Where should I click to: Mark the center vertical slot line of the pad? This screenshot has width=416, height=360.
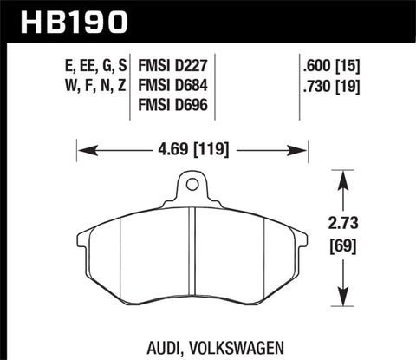coord(192,260)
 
